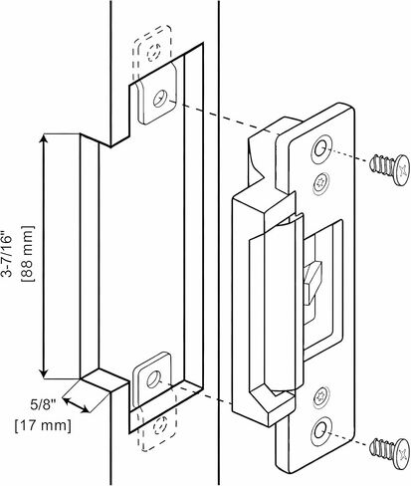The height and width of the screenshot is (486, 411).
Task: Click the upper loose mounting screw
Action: pyautogui.click(x=389, y=169)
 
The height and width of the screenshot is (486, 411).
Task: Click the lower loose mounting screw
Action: pyautogui.click(x=390, y=453)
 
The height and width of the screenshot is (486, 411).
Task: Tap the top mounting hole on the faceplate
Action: pyautogui.click(x=321, y=147)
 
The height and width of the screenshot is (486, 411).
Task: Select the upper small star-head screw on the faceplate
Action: pyautogui.click(x=320, y=183)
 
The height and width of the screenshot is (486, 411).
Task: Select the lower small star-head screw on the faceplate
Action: pyautogui.click(x=320, y=396)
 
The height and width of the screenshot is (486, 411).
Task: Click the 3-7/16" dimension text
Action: pyautogui.click(x=7, y=254)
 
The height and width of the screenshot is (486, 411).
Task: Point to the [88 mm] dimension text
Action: pyautogui.click(x=28, y=254)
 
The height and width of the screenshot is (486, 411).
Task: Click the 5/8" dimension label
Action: pyautogui.click(x=43, y=405)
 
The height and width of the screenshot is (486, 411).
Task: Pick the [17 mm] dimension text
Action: pyautogui.click(x=43, y=425)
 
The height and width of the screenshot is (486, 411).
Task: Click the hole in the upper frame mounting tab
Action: pyautogui.click(x=160, y=99)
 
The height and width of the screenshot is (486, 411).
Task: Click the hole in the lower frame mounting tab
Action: pyautogui.click(x=153, y=379)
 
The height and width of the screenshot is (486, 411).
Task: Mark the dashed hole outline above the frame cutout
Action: pyautogui.click(x=154, y=52)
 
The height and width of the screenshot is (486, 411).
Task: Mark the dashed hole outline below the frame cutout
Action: pyautogui.click(x=160, y=425)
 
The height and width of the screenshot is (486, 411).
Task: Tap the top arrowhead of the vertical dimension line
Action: pyautogui.click(x=44, y=139)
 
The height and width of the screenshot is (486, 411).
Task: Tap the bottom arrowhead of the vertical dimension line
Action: pyautogui.click(x=44, y=372)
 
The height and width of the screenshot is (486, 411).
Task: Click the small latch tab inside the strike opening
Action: pyautogui.click(x=314, y=282)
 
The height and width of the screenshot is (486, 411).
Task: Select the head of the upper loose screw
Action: pyautogui.click(x=401, y=169)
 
